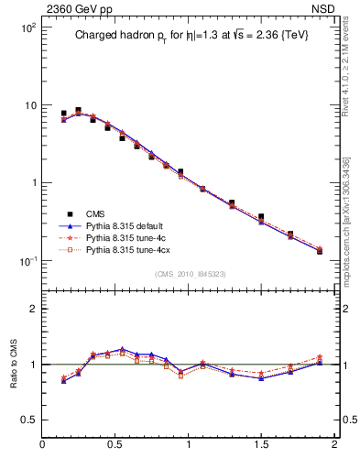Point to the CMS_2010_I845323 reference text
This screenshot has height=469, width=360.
click(188, 273)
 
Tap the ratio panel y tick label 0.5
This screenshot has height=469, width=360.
click(29, 420)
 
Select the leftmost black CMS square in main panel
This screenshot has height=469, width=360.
click(63, 114)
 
